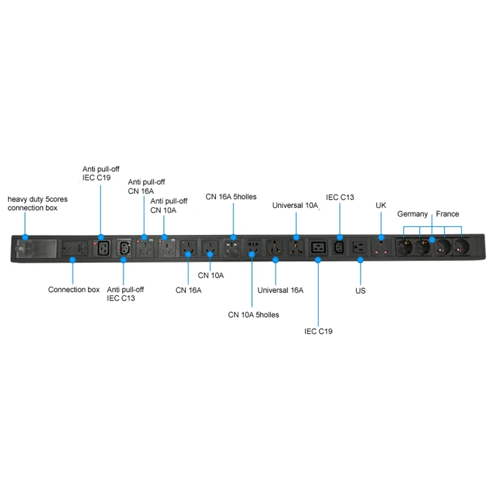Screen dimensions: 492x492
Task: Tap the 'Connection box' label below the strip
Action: coord(74,289)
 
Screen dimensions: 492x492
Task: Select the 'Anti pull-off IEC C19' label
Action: coord(100,173)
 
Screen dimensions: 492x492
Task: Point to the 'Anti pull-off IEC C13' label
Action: coord(125,294)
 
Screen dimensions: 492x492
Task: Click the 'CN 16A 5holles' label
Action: coord(231,196)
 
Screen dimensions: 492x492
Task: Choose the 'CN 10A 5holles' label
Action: coord(253,315)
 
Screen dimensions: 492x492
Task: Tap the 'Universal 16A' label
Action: coord(280,289)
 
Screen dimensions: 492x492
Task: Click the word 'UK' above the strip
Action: coord(381,205)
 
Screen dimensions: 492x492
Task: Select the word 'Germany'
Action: coord(413,214)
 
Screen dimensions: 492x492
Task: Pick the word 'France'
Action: coord(447,214)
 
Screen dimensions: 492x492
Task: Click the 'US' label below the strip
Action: coord(360,291)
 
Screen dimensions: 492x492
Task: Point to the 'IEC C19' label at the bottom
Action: coord(318,331)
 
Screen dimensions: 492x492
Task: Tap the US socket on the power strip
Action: coord(359,249)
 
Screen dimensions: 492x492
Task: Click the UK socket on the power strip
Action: coord(381,249)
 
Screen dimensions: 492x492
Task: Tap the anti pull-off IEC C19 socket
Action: coord(102,249)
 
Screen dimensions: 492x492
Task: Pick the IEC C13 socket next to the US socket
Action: coord(340,249)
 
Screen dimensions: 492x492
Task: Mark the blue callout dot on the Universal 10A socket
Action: coord(297,237)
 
